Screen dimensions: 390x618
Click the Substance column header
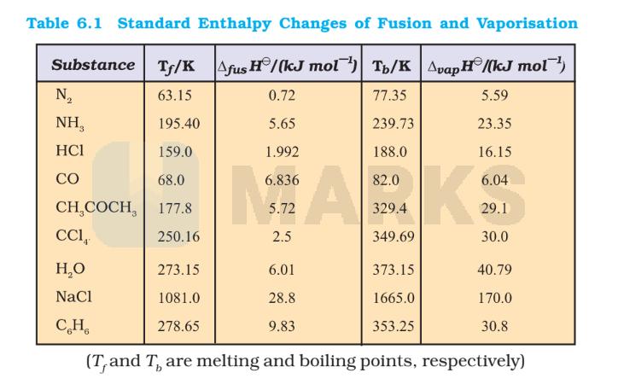[x=93, y=65]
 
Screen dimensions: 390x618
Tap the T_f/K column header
[x=177, y=66]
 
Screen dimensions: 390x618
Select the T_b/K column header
[x=392, y=66]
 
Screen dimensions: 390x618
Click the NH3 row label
[x=71, y=125]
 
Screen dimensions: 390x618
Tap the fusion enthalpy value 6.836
[x=282, y=180]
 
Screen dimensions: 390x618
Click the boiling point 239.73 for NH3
[x=393, y=124]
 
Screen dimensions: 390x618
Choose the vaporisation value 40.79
[x=495, y=269]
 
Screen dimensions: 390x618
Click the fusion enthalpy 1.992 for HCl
[x=282, y=152]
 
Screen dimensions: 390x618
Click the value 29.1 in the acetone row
[x=495, y=208]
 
